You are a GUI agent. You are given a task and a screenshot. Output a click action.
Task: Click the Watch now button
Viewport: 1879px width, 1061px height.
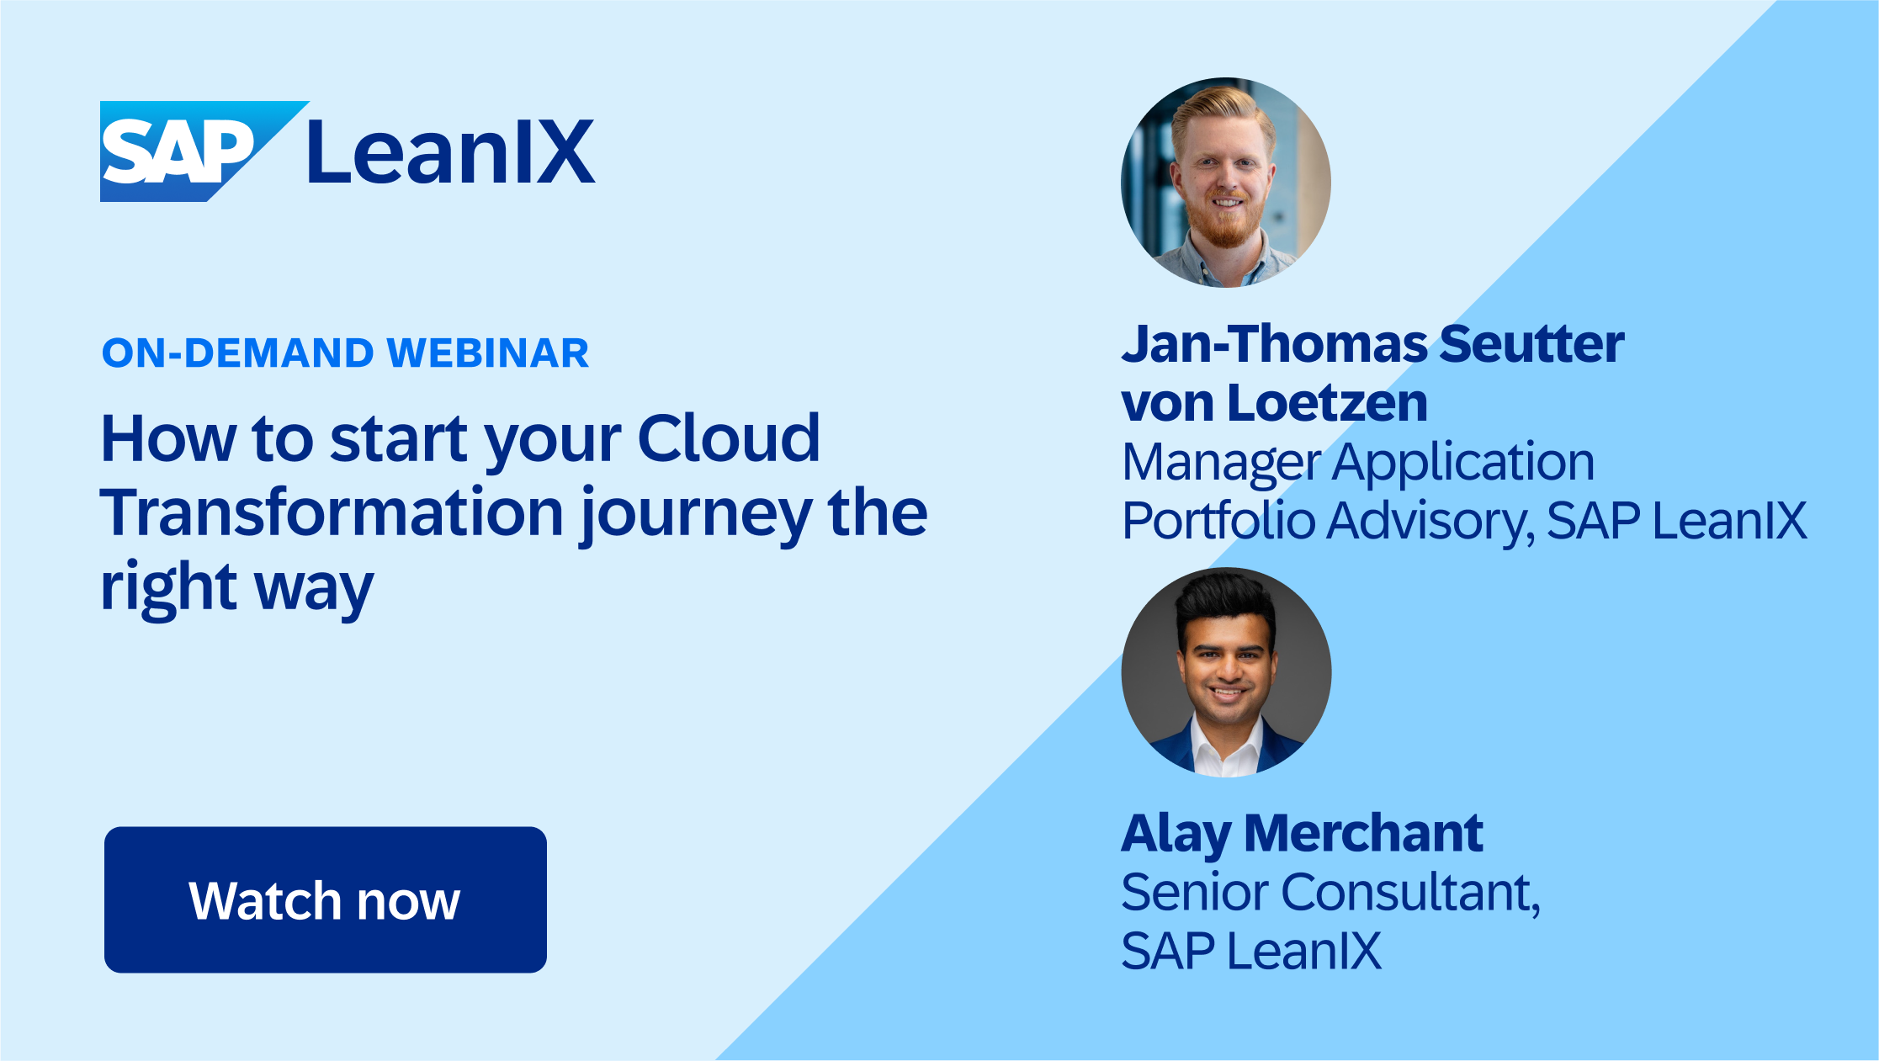pos(325,899)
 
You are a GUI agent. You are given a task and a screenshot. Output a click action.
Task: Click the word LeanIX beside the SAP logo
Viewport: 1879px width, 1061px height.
pos(451,152)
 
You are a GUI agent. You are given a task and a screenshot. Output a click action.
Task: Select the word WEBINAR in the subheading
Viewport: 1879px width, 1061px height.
pos(488,353)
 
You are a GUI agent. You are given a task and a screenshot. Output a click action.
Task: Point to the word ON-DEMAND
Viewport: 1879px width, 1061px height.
pos(237,353)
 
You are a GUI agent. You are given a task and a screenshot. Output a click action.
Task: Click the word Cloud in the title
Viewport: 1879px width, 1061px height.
pos(729,438)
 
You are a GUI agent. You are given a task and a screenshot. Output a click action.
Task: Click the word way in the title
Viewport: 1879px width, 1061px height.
pos(314,588)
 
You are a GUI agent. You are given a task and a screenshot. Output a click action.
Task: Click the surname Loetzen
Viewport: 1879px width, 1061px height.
pos(1327,403)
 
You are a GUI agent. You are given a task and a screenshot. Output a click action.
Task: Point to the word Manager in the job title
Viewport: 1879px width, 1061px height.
pos(1222,463)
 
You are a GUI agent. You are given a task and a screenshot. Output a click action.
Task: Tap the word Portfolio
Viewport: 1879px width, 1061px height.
pos(1218,521)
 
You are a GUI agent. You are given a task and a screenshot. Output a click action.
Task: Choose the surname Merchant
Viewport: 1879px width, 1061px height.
pos(1363,833)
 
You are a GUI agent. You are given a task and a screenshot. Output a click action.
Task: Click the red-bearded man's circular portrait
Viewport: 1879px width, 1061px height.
pos(1226,183)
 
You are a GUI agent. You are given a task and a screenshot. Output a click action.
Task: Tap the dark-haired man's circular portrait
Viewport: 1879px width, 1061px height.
pos(1226,671)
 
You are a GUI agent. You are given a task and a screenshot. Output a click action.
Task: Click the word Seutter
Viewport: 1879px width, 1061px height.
pos(1531,344)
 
